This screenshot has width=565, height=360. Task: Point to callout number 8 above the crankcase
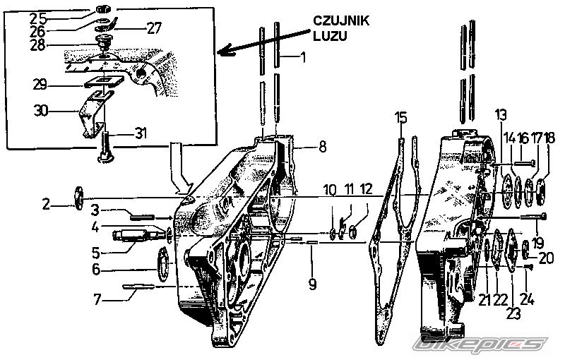(x=321, y=147)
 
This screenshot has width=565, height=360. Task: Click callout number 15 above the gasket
(x=401, y=118)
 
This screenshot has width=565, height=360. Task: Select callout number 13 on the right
(x=500, y=115)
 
